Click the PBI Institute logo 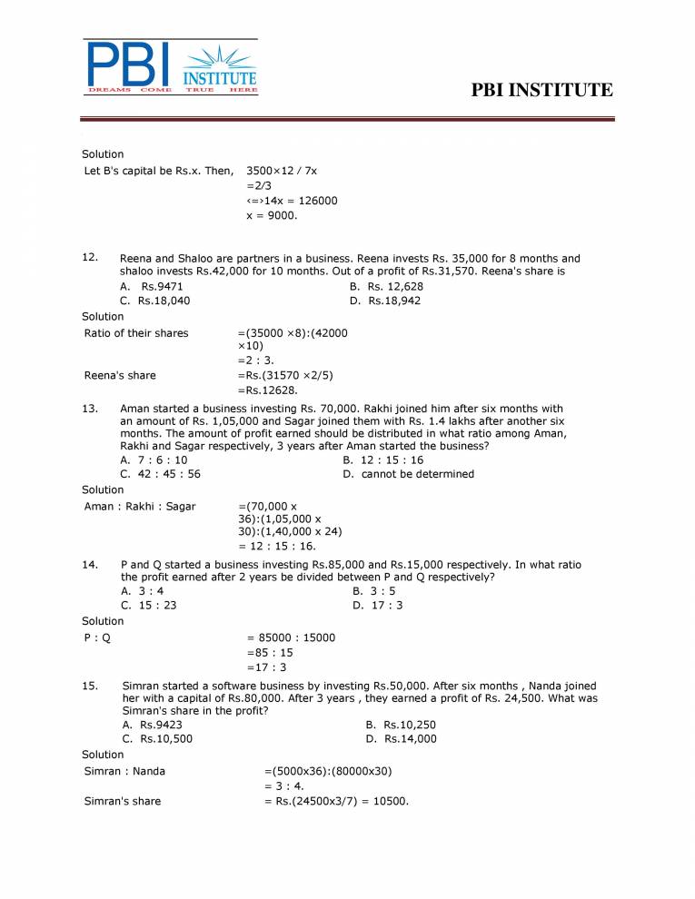coord(172,66)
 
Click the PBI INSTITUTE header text coord(542,90)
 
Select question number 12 coord(90,258)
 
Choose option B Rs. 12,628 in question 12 coord(385,287)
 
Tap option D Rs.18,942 coord(385,301)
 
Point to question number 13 coord(90,409)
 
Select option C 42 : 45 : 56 coord(161,474)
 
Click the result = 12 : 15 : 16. coord(277,547)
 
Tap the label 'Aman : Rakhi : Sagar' coord(139,507)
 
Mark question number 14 coord(90,565)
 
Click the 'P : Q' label coord(97,637)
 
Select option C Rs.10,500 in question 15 coord(157,739)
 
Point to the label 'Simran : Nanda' coord(124,772)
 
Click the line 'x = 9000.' coord(272,216)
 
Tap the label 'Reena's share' coord(120,376)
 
